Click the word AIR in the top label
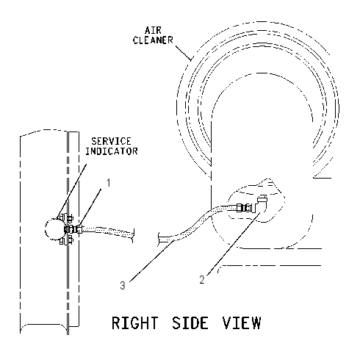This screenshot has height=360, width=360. (153, 30)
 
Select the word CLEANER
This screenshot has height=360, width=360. (153, 40)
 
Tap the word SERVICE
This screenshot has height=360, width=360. (111, 141)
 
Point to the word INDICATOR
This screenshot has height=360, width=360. (112, 151)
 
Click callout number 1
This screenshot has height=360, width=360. (109, 183)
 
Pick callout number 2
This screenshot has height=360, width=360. (202, 280)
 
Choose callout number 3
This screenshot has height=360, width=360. (123, 285)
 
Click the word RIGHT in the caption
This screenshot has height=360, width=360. (134, 323)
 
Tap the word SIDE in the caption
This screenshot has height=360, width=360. (190, 323)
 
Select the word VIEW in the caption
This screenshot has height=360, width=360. (242, 323)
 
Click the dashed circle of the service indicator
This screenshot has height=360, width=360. (46, 230)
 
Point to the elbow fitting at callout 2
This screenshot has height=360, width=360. (261, 204)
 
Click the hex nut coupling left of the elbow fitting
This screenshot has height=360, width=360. (244, 208)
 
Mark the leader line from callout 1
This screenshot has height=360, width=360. (90, 208)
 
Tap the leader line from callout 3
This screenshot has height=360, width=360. (152, 261)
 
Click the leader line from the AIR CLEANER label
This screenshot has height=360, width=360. (183, 52)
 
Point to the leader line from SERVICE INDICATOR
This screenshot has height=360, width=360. (72, 192)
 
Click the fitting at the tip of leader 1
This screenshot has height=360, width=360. (79, 230)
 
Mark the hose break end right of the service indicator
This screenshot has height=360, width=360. (133, 236)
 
